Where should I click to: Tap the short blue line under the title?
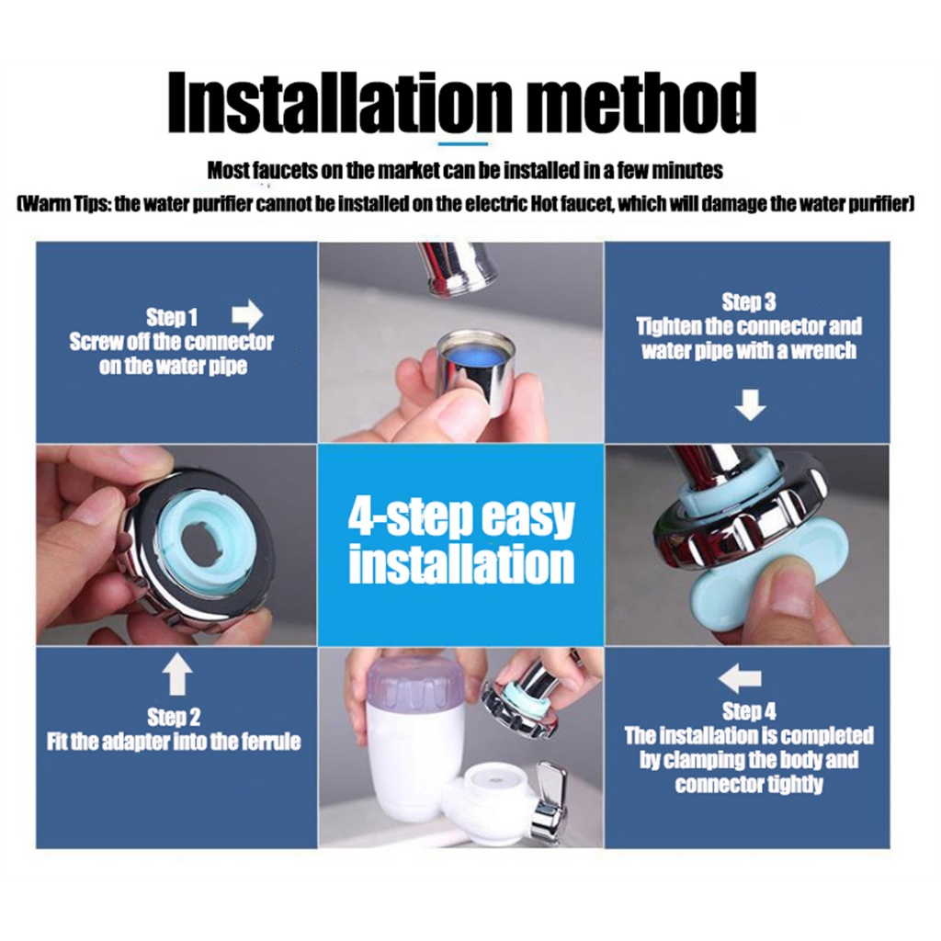463,143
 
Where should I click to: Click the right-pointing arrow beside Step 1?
247,314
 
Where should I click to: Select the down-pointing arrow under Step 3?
750,404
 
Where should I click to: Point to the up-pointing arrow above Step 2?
177,675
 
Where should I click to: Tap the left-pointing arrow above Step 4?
740,679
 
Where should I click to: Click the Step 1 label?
172,317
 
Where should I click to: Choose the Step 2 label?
174,717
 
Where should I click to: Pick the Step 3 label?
748,301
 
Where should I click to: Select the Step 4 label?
749,711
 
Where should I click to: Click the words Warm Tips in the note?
64,204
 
